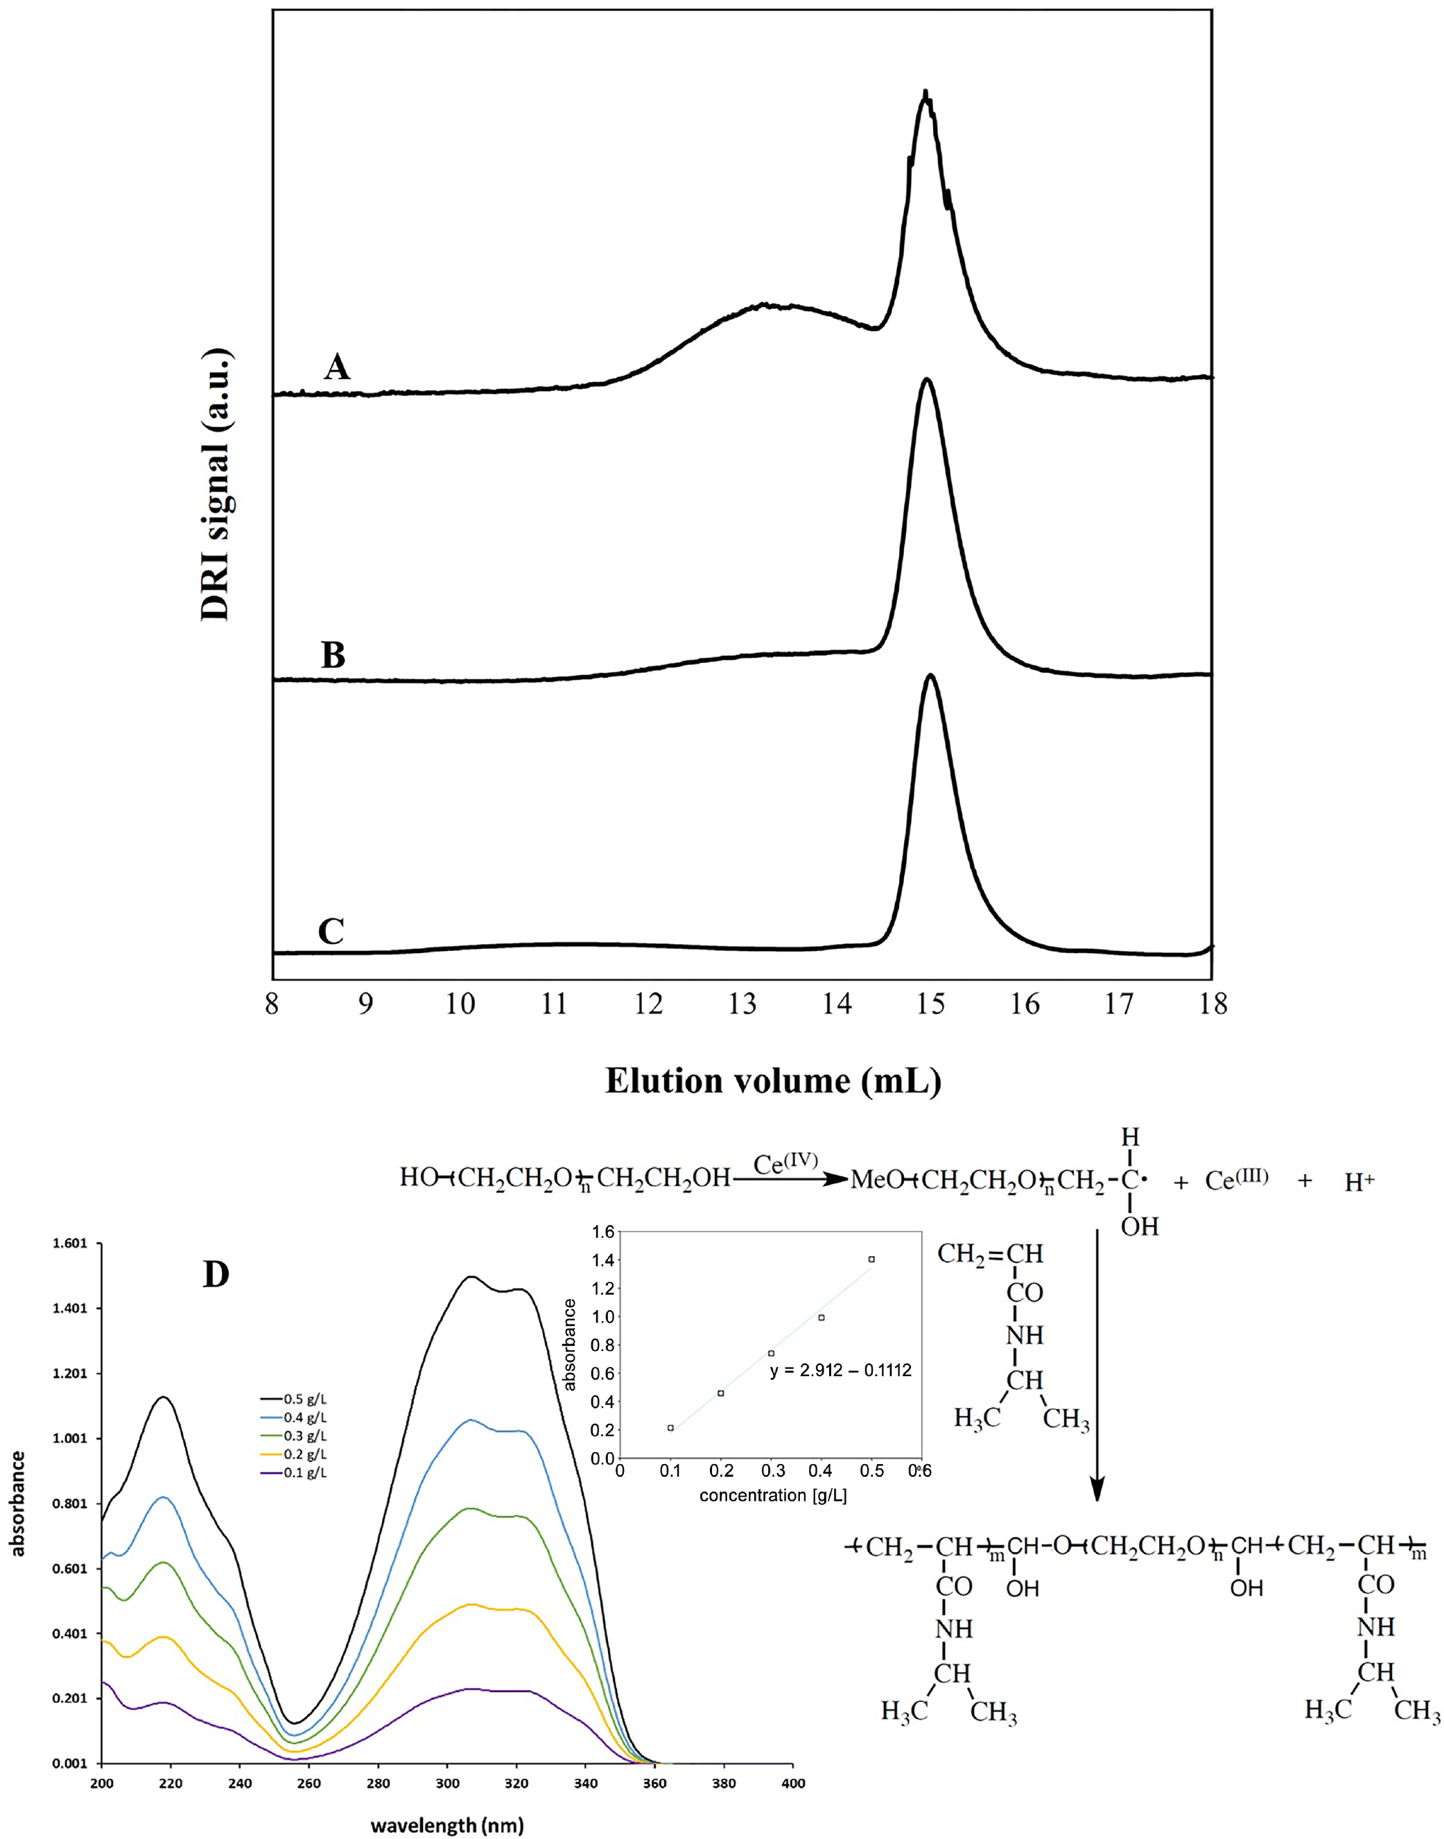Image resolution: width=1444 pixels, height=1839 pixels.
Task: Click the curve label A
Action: [x=336, y=367]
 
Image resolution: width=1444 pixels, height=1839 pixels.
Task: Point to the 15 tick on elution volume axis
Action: [x=931, y=1004]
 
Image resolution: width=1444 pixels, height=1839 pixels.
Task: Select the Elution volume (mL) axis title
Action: [x=773, y=1081]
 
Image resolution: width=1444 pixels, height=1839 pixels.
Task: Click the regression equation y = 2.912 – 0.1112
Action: [x=840, y=1371]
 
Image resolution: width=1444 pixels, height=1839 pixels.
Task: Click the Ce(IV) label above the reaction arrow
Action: [x=786, y=1164]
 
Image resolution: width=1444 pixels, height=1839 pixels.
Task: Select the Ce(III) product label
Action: [x=1236, y=1180]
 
